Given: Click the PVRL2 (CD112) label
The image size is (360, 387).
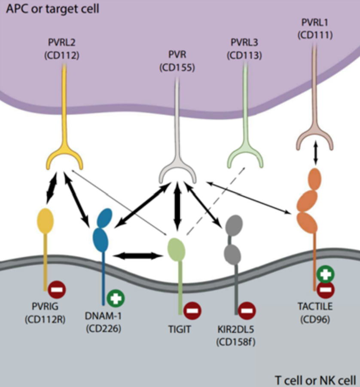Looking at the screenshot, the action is [61, 49].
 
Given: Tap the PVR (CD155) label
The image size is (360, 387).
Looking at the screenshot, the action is [177, 61].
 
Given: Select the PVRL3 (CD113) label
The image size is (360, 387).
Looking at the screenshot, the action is [244, 49].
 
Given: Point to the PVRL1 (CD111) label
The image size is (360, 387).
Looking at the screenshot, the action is [315, 29].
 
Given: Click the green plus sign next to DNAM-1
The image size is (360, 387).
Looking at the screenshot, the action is [116, 298].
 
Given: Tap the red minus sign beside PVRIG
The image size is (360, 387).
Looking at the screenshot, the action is [57, 289].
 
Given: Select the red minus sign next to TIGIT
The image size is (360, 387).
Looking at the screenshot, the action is [192, 311].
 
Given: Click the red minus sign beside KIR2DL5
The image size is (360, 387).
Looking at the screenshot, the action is [247, 311].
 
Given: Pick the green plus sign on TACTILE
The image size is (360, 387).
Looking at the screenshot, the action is [326, 274].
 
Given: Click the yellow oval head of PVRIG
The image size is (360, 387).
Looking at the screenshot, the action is [45, 221].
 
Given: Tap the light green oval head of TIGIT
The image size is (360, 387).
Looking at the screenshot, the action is [176, 249].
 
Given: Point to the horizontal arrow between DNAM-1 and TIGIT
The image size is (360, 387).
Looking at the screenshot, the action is [138, 256].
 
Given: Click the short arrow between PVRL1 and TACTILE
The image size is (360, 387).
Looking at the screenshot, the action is [316, 153].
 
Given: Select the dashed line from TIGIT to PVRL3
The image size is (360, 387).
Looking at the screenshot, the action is [216, 201].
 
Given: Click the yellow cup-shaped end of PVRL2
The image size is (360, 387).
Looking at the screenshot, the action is [64, 159].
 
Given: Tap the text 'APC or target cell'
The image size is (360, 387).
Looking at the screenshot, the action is [52, 9].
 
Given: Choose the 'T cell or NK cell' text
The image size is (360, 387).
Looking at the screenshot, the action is [315, 380].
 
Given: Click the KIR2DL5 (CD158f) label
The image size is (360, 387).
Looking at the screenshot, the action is [236, 336].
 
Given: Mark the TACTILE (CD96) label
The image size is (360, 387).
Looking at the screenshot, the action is [315, 313].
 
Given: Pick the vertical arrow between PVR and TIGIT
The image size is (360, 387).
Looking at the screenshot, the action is [177, 207].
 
